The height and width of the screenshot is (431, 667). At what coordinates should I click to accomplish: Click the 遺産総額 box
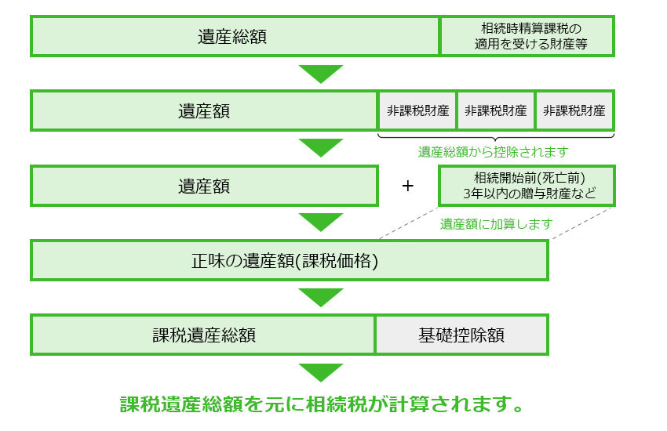(x=234, y=36)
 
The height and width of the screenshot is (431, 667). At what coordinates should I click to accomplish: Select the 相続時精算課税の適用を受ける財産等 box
(x=527, y=36)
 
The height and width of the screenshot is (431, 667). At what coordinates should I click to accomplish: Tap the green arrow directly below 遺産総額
(x=321, y=74)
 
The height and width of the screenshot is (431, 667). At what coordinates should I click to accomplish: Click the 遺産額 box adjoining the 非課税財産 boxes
(x=204, y=110)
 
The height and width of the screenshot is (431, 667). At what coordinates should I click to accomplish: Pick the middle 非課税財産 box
(x=496, y=110)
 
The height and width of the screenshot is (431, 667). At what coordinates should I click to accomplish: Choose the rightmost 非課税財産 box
(x=574, y=110)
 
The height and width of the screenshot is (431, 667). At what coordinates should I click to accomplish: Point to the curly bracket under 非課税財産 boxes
(x=496, y=136)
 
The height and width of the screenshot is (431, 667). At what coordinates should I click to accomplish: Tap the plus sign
(x=407, y=187)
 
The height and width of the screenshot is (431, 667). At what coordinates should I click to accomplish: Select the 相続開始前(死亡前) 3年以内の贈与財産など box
(x=527, y=186)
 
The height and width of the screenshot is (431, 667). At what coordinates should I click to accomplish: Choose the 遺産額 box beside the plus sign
(x=204, y=187)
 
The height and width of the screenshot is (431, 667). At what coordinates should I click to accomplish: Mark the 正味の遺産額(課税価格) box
(x=289, y=260)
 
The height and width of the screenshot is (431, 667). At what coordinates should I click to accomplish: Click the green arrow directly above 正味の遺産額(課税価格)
(x=321, y=222)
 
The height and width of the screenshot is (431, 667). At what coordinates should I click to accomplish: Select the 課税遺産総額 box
(x=203, y=335)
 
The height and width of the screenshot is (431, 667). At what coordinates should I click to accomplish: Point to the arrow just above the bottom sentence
(x=321, y=372)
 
